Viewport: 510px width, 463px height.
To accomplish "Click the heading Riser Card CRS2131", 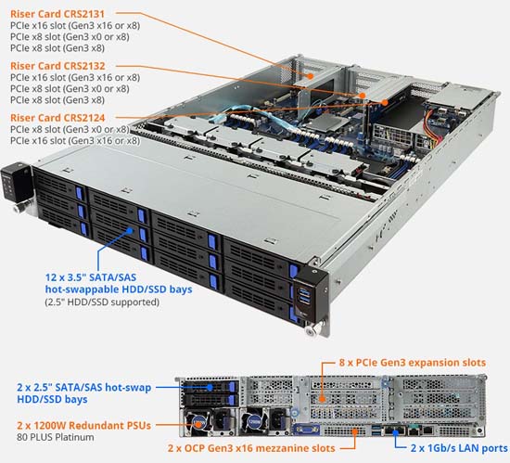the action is [57, 14].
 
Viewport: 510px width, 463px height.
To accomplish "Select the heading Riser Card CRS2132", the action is [57, 66].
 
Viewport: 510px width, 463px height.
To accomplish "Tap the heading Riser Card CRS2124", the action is [57, 118].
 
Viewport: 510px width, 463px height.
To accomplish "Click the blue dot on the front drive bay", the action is [130, 231].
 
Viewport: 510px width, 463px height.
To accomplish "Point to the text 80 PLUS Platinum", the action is [56, 437].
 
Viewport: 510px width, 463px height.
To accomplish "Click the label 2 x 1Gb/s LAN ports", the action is [459, 448].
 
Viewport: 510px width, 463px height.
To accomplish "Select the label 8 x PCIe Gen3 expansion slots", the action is [412, 363].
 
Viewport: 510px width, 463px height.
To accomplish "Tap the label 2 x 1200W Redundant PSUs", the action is [83, 425].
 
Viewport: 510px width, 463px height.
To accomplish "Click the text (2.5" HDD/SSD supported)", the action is [102, 302].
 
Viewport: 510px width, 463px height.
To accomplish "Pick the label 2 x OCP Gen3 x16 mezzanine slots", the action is [251, 448].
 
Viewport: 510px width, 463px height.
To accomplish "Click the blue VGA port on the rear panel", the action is [306, 430].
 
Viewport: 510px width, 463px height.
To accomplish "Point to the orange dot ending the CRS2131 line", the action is [311, 76].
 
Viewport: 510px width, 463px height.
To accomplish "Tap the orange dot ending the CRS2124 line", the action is [385, 102].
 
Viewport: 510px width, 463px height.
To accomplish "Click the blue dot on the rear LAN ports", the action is [396, 432].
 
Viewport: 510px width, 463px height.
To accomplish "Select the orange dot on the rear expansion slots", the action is [322, 399].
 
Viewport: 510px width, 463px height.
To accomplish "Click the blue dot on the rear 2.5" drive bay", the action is [210, 387].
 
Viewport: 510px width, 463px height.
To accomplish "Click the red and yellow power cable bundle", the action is [433, 129].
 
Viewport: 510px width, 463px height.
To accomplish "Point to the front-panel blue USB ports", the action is [304, 295].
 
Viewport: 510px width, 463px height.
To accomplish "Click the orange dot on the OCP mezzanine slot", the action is [354, 432].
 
